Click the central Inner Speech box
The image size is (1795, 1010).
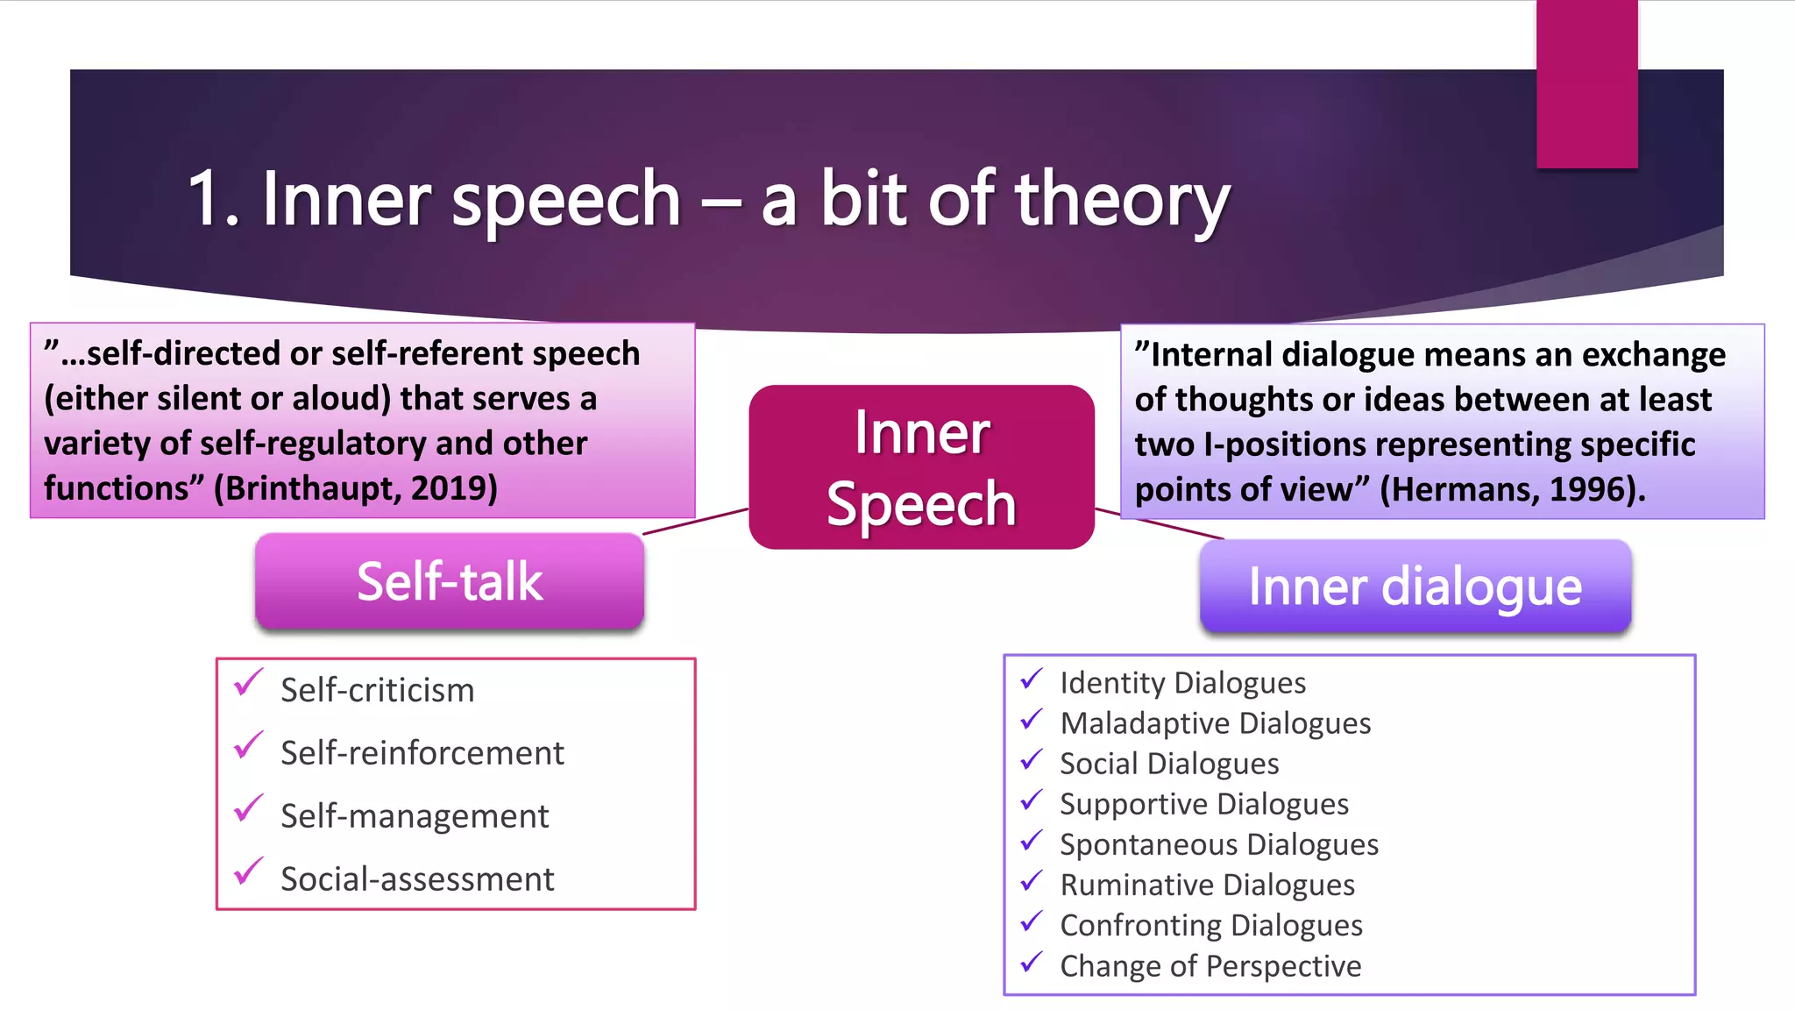[921, 467]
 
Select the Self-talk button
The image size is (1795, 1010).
[450, 581]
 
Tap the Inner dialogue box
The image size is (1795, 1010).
[1415, 586]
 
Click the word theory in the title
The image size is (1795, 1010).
[1122, 200]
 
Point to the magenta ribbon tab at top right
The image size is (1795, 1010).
[1586, 83]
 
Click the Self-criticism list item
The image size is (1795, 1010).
[377, 690]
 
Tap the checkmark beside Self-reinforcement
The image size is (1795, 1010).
[249, 746]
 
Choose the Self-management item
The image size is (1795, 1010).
[414, 816]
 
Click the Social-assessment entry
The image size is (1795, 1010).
[417, 879]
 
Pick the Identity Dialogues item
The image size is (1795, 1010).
[1182, 683]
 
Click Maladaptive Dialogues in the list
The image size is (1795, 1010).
[1215, 723]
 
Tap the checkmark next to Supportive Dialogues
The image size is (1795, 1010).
[1032, 800]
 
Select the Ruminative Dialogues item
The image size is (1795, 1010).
[1207, 885]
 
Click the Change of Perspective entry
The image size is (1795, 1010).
[1210, 966]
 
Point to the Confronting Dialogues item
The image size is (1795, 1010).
[1210, 925]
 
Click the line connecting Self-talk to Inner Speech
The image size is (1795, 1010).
[696, 521]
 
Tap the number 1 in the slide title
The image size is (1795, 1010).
[205, 200]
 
